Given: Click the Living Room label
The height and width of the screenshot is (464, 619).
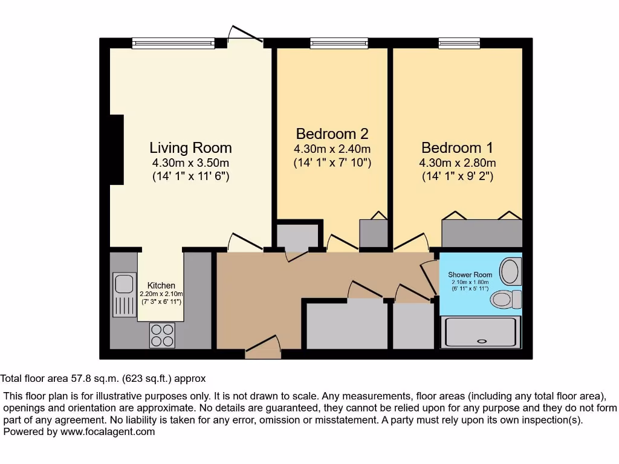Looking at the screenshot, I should pyautogui.click(x=190, y=147).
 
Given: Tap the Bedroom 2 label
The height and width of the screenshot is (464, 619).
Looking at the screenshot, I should pyautogui.click(x=332, y=134).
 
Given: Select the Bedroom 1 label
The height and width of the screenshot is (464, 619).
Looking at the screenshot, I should pyautogui.click(x=457, y=147).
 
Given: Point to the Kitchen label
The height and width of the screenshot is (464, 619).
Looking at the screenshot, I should pyautogui.click(x=161, y=285).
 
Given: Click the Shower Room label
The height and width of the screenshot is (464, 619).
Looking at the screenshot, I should pyautogui.click(x=470, y=275).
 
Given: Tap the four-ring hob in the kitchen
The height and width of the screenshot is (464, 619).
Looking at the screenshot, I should pyautogui.click(x=162, y=335).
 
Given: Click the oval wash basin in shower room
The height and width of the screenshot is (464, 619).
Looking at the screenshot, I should pyautogui.click(x=511, y=271).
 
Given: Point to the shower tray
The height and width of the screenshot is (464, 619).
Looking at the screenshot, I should pyautogui.click(x=481, y=333).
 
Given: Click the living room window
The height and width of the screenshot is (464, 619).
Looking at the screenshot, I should pyautogui.click(x=173, y=43).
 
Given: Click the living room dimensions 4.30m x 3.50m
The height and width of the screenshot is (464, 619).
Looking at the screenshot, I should pyautogui.click(x=190, y=163).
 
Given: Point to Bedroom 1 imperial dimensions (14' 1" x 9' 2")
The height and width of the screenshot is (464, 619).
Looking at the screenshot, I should pyautogui.click(x=457, y=177).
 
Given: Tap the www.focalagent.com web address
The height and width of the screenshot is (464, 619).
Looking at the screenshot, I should pyautogui.click(x=106, y=431).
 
